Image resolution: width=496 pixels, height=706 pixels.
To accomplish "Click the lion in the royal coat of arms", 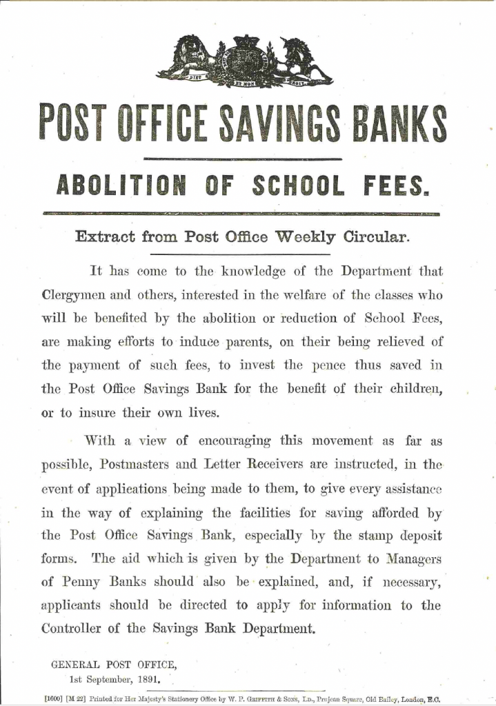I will tap(187, 58).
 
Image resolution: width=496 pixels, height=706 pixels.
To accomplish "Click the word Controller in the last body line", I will tap(75, 629).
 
